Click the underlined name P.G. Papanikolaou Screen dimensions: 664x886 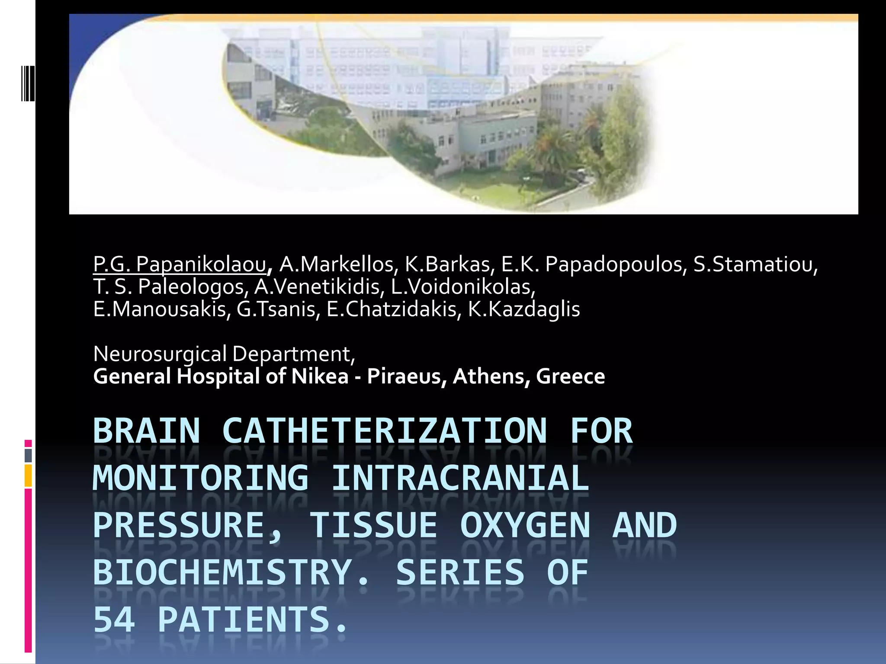180,265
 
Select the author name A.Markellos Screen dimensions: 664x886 337,265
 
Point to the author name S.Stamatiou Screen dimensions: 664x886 755,265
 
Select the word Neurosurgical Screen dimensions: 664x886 160,354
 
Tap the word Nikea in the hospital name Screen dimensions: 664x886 320,376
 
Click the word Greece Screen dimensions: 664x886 570,376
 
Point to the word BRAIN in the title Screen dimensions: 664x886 147,431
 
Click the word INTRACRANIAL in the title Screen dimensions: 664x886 460,478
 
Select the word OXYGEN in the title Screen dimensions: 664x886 525,525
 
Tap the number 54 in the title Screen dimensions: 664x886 114,619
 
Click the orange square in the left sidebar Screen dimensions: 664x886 28,476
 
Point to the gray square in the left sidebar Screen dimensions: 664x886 28,455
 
